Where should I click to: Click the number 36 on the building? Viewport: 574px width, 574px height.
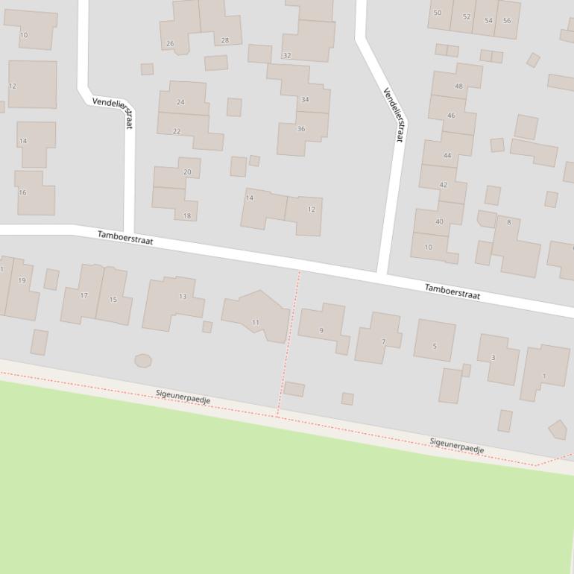(301, 129)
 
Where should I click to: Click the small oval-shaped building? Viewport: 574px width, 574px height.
(143, 361)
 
